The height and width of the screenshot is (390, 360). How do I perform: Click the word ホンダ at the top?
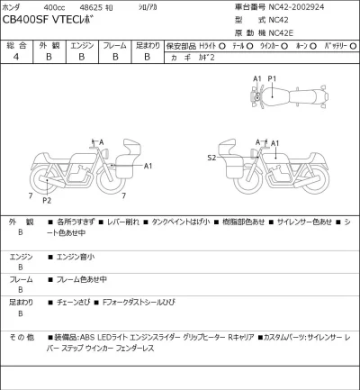[x=13, y=7]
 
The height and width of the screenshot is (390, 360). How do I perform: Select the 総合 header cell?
[x=15, y=44]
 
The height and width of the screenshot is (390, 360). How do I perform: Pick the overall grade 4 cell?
[x=15, y=57]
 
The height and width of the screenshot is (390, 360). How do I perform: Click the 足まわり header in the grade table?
[x=147, y=44]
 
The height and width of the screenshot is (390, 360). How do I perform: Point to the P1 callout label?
[x=271, y=79]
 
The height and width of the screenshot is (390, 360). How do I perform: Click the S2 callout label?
[x=211, y=158]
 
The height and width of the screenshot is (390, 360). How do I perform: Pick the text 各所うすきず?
[x=75, y=222]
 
